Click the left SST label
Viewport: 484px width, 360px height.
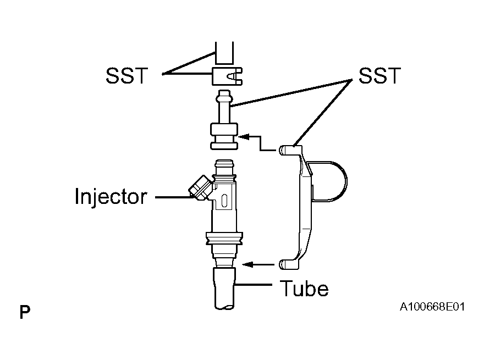pos(127,76)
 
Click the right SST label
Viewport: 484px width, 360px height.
pos(380,76)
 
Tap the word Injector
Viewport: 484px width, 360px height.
pos(111,197)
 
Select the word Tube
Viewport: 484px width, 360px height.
pos(304,289)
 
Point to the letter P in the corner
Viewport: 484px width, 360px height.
pos(25,312)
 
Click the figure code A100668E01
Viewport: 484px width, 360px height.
pos(432,307)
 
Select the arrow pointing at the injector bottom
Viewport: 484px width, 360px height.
pos(258,264)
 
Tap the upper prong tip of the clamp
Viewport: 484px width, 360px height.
pos(282,150)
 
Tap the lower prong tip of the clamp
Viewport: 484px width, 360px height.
pos(282,264)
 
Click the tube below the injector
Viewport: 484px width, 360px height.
pos(224,289)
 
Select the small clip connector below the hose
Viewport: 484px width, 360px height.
pos(227,76)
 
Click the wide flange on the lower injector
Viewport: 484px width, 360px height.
pos(224,239)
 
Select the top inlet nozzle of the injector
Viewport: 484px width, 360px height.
pos(224,167)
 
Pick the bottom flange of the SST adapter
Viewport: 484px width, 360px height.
pos(224,146)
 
